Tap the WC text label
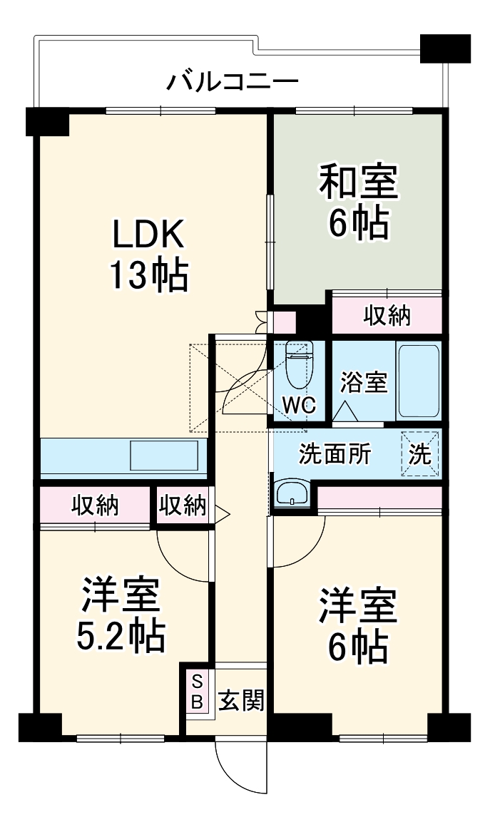point(299,404)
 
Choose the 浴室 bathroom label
point(364,382)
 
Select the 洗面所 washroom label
point(335,454)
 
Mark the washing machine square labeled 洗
point(420,454)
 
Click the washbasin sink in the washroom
point(292,493)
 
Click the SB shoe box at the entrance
point(198,691)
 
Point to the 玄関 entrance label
point(240,700)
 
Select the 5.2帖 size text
point(121,636)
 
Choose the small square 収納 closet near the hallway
point(182,505)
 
